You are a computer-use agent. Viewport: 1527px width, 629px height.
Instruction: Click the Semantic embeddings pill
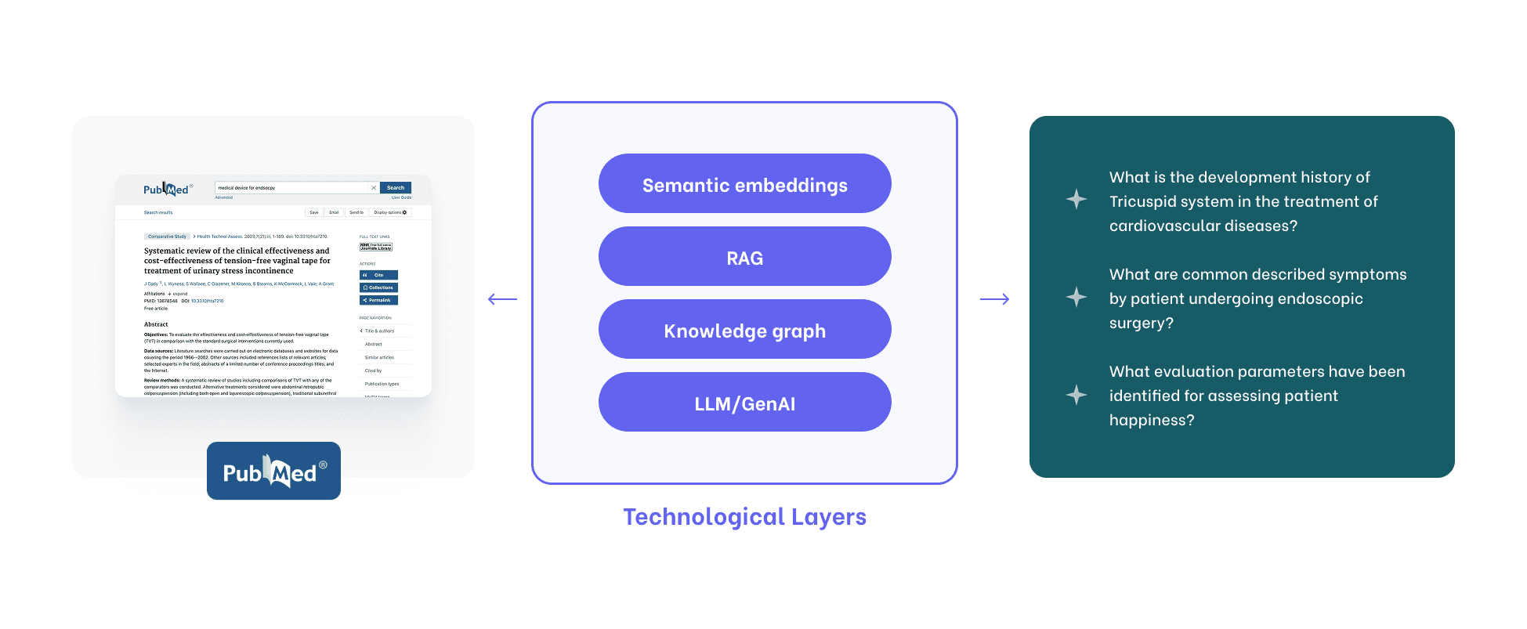(744, 184)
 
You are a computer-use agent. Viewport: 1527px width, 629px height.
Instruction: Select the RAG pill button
(744, 257)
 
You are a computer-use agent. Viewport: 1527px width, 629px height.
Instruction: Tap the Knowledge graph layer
(744, 330)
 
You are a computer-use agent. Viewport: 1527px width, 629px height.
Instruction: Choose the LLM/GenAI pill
(744, 403)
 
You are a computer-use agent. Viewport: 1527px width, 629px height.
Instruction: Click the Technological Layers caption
(744, 517)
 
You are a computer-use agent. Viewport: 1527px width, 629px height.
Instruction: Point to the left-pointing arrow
(502, 299)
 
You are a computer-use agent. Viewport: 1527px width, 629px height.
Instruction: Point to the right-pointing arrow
(994, 299)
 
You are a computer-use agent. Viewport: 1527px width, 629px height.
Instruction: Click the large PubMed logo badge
(273, 471)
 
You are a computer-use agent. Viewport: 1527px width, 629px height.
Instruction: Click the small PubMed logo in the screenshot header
(167, 190)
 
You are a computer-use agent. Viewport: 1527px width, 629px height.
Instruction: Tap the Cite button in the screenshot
(378, 275)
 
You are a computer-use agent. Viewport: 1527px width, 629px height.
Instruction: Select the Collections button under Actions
(378, 287)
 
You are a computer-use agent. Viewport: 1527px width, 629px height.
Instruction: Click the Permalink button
(378, 300)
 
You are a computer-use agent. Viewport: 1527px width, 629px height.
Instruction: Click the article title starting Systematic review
(237, 261)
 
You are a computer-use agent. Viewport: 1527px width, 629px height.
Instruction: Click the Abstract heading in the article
(156, 324)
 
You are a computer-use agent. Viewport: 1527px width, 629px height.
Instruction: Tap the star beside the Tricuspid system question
(1076, 199)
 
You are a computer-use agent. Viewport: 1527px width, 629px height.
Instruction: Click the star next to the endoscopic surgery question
(1076, 297)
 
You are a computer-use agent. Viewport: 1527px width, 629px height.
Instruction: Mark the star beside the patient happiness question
(1076, 394)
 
